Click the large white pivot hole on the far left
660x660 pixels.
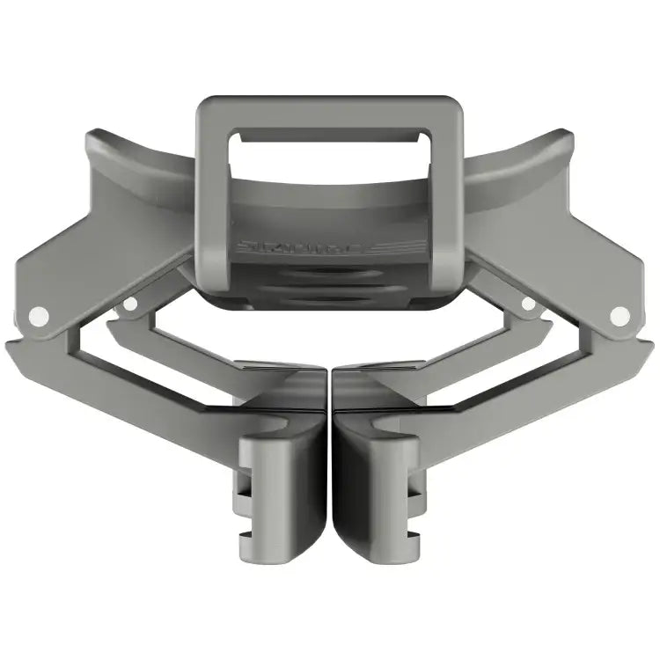coord(38,313)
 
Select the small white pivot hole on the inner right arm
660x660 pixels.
coord(528,304)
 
